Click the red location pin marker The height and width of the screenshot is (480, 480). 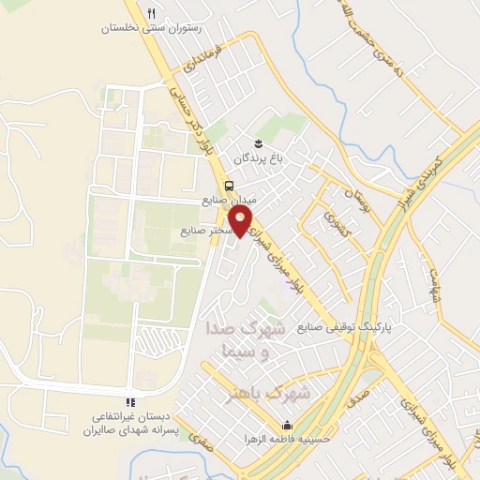click(x=243, y=221)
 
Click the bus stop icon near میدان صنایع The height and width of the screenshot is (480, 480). click(x=229, y=185)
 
